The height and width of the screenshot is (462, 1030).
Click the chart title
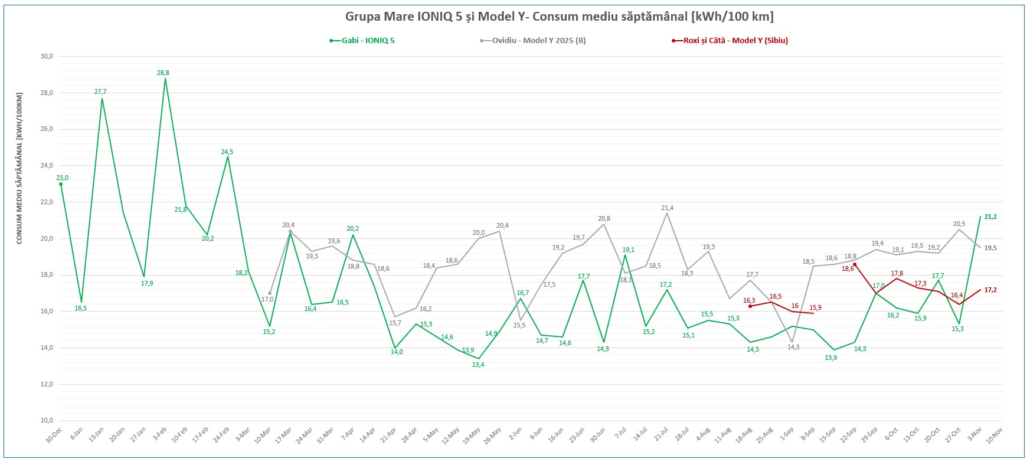point(559,16)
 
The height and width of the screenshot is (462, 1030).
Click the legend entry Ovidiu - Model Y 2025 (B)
point(538,41)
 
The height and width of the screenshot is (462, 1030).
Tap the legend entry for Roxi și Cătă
point(735,41)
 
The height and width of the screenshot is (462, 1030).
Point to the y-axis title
point(19,168)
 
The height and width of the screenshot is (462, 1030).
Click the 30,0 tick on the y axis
point(47,57)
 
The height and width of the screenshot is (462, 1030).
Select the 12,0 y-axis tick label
point(47,384)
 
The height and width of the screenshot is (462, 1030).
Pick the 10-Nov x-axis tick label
point(995,435)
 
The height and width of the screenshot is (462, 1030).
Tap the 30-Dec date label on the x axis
point(54,435)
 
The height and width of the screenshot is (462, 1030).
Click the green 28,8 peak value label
point(163,73)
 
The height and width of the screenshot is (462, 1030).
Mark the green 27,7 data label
point(100,91)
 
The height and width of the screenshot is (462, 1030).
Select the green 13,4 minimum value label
point(478,365)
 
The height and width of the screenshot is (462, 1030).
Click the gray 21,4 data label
point(668,208)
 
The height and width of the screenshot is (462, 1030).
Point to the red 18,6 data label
point(848,268)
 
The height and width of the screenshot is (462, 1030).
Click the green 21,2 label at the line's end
point(990,217)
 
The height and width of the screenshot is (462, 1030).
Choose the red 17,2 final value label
point(990,290)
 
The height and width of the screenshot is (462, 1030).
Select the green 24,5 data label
point(227,152)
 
